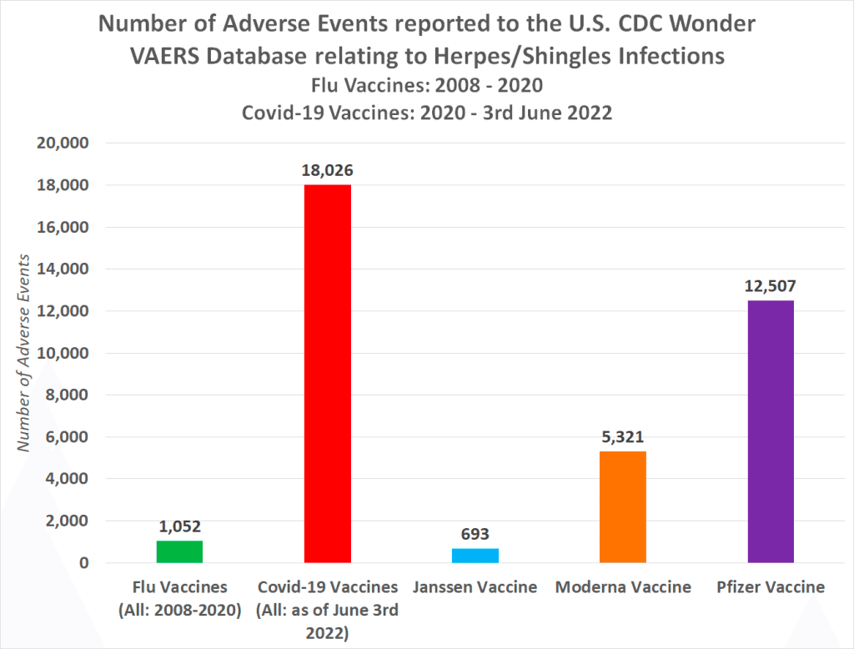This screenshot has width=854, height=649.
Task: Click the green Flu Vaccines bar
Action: coord(179,551)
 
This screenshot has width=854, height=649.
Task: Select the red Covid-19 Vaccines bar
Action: coord(327,374)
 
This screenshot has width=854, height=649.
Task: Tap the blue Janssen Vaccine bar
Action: coord(475,556)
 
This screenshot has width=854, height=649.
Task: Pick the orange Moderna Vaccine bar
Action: coord(623,506)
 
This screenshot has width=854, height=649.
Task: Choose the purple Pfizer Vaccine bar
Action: coord(771,431)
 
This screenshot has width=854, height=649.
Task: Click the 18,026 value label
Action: coord(327,171)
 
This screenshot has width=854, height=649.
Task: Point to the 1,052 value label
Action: coord(179,526)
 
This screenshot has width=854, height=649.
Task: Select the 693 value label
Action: coord(475,534)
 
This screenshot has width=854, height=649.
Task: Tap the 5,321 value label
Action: coord(623,436)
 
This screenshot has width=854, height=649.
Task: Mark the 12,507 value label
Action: coord(771,286)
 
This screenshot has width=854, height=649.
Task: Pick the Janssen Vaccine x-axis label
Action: coord(475,587)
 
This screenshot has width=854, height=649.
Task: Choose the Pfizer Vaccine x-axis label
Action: coord(771,587)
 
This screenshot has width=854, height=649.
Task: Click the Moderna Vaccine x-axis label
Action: coord(623,587)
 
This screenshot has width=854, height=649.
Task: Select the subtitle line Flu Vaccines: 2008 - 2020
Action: coord(427,85)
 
